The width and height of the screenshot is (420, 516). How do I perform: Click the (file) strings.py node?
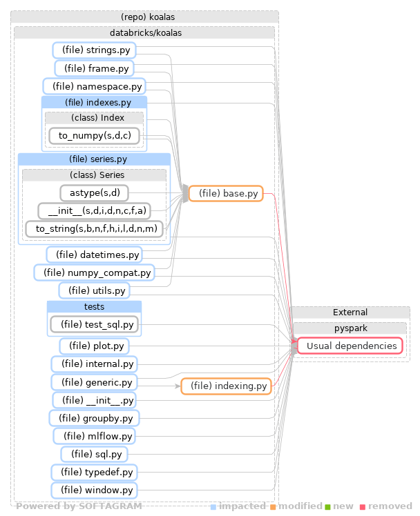click(x=94, y=50)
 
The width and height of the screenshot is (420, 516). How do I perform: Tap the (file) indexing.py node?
click(x=226, y=386)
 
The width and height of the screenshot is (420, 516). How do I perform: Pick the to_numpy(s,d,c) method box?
click(x=95, y=135)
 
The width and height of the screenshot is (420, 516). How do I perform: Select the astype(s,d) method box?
click(x=95, y=193)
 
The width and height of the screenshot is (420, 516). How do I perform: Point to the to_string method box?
click(x=96, y=228)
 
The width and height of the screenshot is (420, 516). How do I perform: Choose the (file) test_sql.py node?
click(x=95, y=324)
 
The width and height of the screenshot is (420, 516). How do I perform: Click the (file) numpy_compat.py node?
click(x=94, y=273)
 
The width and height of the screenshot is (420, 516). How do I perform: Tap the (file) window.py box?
click(x=94, y=490)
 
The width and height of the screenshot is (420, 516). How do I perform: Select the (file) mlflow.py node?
click(x=95, y=436)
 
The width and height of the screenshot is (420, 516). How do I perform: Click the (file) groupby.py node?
click(x=94, y=418)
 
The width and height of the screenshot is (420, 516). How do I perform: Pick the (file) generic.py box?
click(x=94, y=382)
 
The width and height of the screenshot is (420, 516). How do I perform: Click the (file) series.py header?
click(x=94, y=159)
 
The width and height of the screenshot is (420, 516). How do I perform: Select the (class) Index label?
click(x=95, y=118)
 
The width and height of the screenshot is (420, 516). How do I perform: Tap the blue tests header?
click(x=94, y=306)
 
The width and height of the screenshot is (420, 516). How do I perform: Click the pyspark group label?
click(x=352, y=328)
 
